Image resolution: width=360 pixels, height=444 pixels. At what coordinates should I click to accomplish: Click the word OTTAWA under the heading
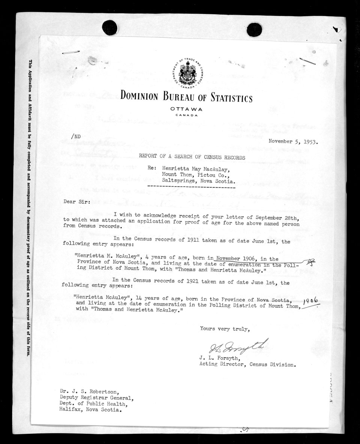pos(186,109)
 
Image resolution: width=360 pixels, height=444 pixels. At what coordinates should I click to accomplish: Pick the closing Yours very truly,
pos(224,329)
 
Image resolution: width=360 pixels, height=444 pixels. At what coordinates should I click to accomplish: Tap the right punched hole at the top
pos(254,29)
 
